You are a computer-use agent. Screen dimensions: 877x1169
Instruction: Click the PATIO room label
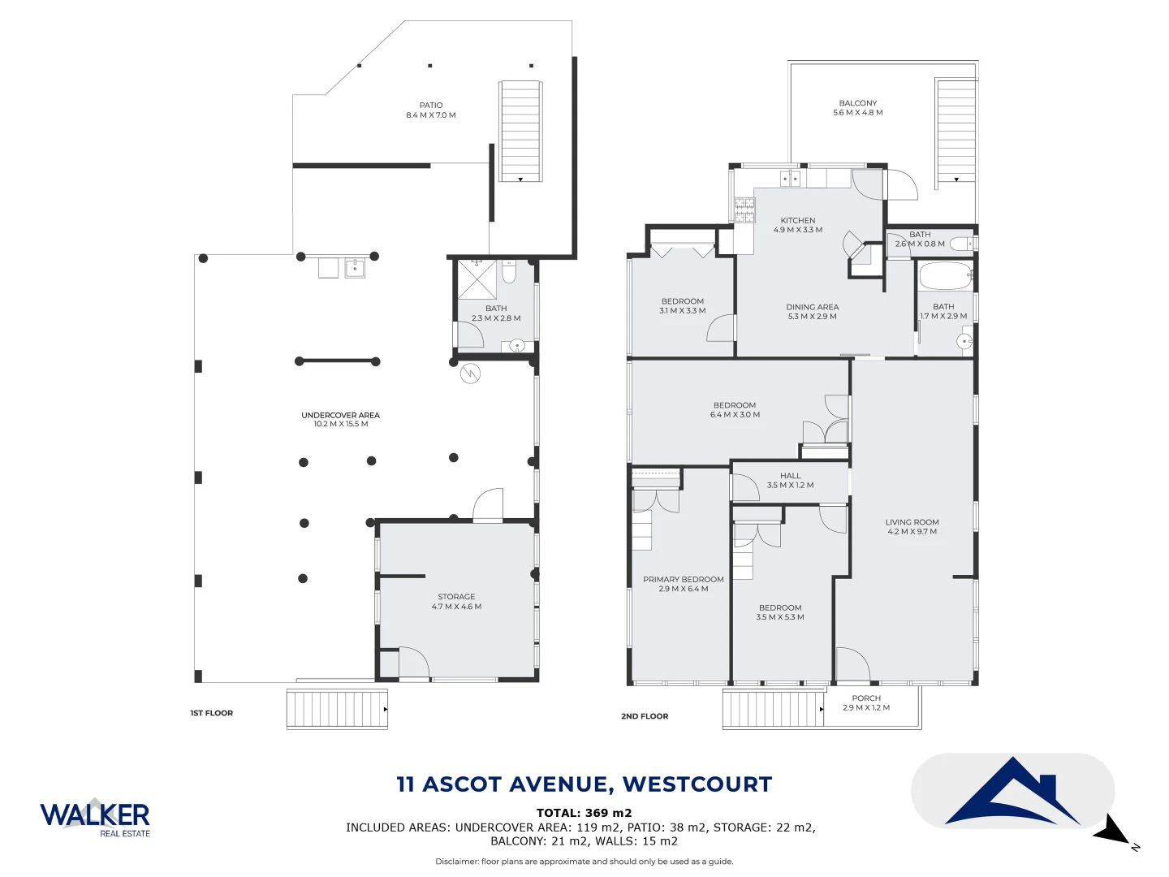pos(431,106)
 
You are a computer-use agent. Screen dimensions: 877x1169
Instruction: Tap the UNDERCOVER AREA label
pos(340,415)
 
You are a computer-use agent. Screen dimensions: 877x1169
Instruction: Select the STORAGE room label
pos(456,597)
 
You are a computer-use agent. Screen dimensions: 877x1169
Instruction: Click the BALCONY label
pos(858,103)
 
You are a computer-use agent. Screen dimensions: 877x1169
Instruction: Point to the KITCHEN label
pos(798,221)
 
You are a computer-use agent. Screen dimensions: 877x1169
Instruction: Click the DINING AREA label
pos(812,307)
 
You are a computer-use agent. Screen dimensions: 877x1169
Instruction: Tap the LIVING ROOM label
pos(912,522)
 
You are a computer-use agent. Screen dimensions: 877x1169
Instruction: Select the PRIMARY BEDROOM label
pos(684,580)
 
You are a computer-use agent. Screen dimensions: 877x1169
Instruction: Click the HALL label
pos(790,476)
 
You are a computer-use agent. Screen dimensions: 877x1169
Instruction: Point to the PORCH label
pos(866,698)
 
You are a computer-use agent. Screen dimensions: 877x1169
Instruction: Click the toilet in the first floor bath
pos(509,272)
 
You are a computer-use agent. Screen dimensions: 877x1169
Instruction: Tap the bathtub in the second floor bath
pos(945,277)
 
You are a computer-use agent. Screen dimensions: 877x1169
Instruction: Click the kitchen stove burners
pos(744,210)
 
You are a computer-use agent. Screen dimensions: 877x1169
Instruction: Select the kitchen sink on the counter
pos(790,179)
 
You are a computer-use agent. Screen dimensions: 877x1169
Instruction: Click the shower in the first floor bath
pos(477,279)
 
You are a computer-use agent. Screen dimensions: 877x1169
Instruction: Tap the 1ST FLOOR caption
pos(211,713)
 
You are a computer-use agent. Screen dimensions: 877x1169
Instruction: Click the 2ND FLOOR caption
pos(645,716)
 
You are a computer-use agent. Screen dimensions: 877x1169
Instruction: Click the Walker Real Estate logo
pos(95,816)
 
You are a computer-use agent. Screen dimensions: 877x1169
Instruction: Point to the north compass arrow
pos(1114,832)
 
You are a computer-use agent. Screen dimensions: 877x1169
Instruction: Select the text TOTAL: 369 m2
pos(584,813)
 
